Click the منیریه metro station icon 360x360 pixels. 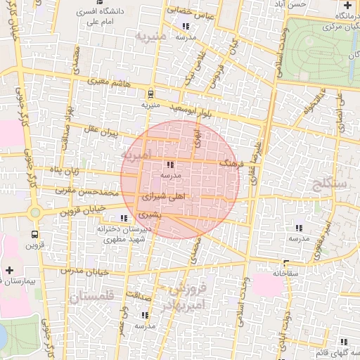[150, 94]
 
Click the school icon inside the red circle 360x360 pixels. [171, 165]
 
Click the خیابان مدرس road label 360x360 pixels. [84, 270]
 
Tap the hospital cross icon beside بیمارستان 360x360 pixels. [9, 270]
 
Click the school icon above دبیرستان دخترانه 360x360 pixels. [125, 218]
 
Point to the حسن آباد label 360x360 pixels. [291, 5]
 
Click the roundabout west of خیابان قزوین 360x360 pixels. [34, 211]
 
